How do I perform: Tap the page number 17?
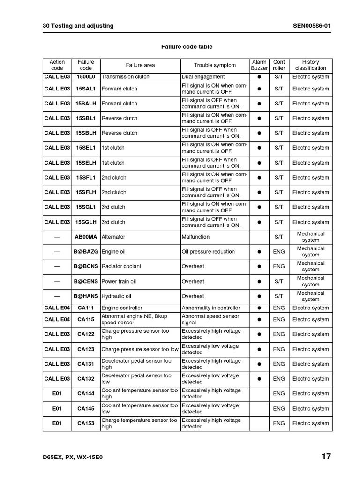point(326,456)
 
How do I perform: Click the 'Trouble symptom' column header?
point(215,65)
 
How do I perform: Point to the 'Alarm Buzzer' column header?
point(259,65)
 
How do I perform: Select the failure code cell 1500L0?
point(86,77)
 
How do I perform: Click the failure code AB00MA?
point(86,237)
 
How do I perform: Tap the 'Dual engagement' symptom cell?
point(203,77)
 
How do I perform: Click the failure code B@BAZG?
point(86,252)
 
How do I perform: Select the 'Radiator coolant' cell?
point(121,266)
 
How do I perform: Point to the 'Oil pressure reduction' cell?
point(208,252)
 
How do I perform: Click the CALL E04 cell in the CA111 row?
point(57,308)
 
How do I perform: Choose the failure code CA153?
point(86,423)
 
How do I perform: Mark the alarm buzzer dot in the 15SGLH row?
point(259,222)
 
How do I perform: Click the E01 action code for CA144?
point(57,394)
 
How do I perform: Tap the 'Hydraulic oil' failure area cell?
point(116,296)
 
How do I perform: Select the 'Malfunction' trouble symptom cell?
point(195,237)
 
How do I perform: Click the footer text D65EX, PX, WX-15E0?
point(73,457)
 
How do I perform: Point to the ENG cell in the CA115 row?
point(279,319)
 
